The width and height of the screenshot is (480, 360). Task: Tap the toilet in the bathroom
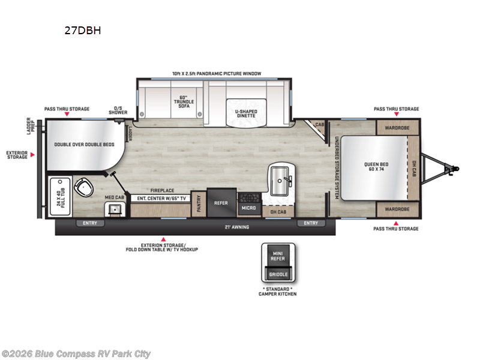84,188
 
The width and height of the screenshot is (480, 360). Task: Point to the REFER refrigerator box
221,203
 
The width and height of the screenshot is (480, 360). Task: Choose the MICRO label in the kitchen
249,208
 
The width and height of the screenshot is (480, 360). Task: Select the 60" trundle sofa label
184,101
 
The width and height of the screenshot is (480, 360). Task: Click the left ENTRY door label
90,223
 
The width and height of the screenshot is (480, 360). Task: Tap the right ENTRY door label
311,223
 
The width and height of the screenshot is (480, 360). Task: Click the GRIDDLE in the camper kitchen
278,274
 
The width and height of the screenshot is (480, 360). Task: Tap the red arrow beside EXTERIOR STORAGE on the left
32,155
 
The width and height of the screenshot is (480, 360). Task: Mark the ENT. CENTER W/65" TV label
160,197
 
